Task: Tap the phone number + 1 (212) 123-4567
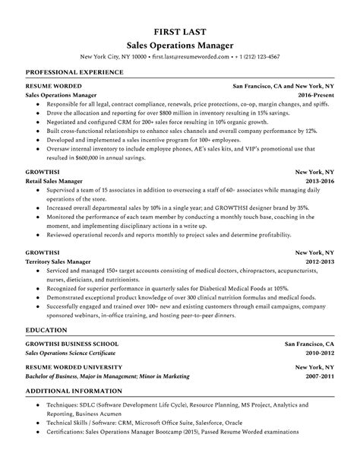(x=257, y=57)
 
